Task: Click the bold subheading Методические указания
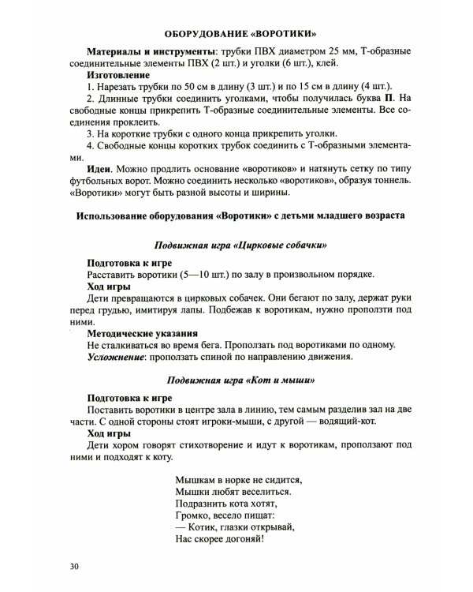[x=142, y=333]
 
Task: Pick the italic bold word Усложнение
[x=121, y=357]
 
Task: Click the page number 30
[x=74, y=567]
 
